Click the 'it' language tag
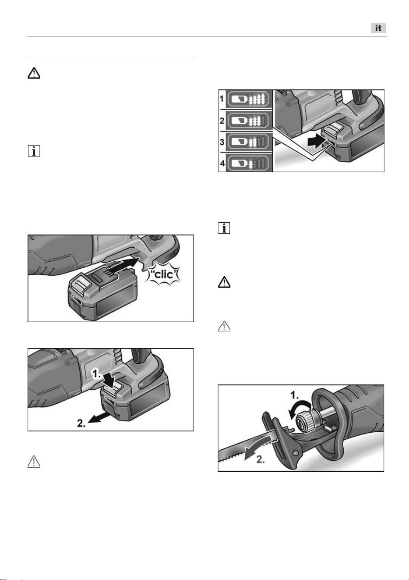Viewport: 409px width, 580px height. pos(378,28)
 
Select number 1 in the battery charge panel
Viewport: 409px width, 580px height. pos(222,99)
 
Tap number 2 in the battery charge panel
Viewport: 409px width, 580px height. pos(222,121)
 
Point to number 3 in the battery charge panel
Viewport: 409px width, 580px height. pos(222,142)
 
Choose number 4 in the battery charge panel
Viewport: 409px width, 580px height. pos(222,164)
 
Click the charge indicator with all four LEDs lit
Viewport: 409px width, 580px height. pos(249,99)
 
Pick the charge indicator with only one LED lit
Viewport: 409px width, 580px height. pos(249,164)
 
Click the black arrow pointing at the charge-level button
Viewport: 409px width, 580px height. pos(316,142)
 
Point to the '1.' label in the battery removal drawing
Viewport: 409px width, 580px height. pos(97,374)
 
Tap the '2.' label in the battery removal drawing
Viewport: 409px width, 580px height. pos(81,423)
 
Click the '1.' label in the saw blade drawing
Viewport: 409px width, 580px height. pos(294,395)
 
